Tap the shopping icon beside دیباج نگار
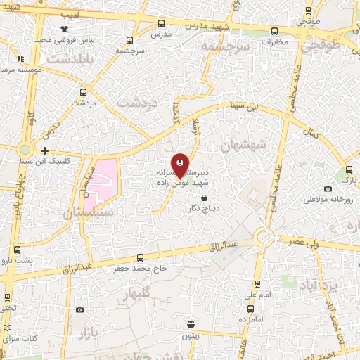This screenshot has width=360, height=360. click(x=204, y=199)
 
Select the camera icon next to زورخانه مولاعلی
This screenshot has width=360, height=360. click(x=328, y=188)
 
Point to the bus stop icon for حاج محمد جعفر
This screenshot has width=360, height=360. click(x=140, y=257)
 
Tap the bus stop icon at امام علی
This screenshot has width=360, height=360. click(x=257, y=285)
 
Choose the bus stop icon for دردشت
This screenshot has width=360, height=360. click(x=84, y=92)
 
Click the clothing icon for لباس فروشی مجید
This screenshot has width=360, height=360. click(x=65, y=29)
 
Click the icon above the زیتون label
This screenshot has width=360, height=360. click(x=191, y=324)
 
